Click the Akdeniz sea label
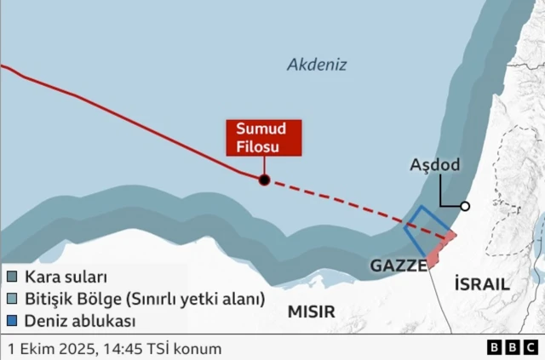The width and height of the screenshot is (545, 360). tap(317, 65)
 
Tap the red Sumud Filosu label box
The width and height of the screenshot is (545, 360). tap(264, 138)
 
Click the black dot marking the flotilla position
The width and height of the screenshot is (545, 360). tap(264, 180)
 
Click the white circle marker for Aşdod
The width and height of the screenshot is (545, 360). tap(465, 206)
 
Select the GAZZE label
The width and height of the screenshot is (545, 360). tap(398, 266)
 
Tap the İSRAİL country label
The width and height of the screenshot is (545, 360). tap(482, 284)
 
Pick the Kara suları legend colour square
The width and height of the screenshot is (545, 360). tap(12, 277)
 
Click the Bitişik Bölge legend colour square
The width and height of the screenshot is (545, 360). tap(12, 300)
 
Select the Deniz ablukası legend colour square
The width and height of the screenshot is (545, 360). tap(12, 322)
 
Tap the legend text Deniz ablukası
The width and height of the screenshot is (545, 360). tap(81, 322)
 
